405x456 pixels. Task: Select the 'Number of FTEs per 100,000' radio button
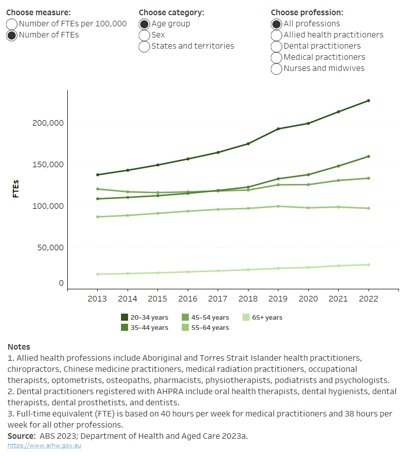coord(12,24)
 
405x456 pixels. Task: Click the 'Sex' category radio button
coord(144,35)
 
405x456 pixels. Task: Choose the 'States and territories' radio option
coord(144,47)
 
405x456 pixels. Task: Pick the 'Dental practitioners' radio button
coord(276,47)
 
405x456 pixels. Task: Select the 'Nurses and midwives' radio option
coord(276,69)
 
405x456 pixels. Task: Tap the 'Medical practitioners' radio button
coord(276,58)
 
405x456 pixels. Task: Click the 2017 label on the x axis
coord(218,298)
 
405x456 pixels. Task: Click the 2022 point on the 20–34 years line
coord(369,101)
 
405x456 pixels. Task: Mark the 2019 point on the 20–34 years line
coord(278,129)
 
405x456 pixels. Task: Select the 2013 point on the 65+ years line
coord(97,274)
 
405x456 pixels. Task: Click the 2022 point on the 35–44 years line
coord(369,157)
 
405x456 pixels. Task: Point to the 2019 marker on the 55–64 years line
coord(278,206)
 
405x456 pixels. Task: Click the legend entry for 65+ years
coord(262,318)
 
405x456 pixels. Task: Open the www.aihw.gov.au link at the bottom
coord(44,445)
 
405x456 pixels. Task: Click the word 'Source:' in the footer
coord(21,436)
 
